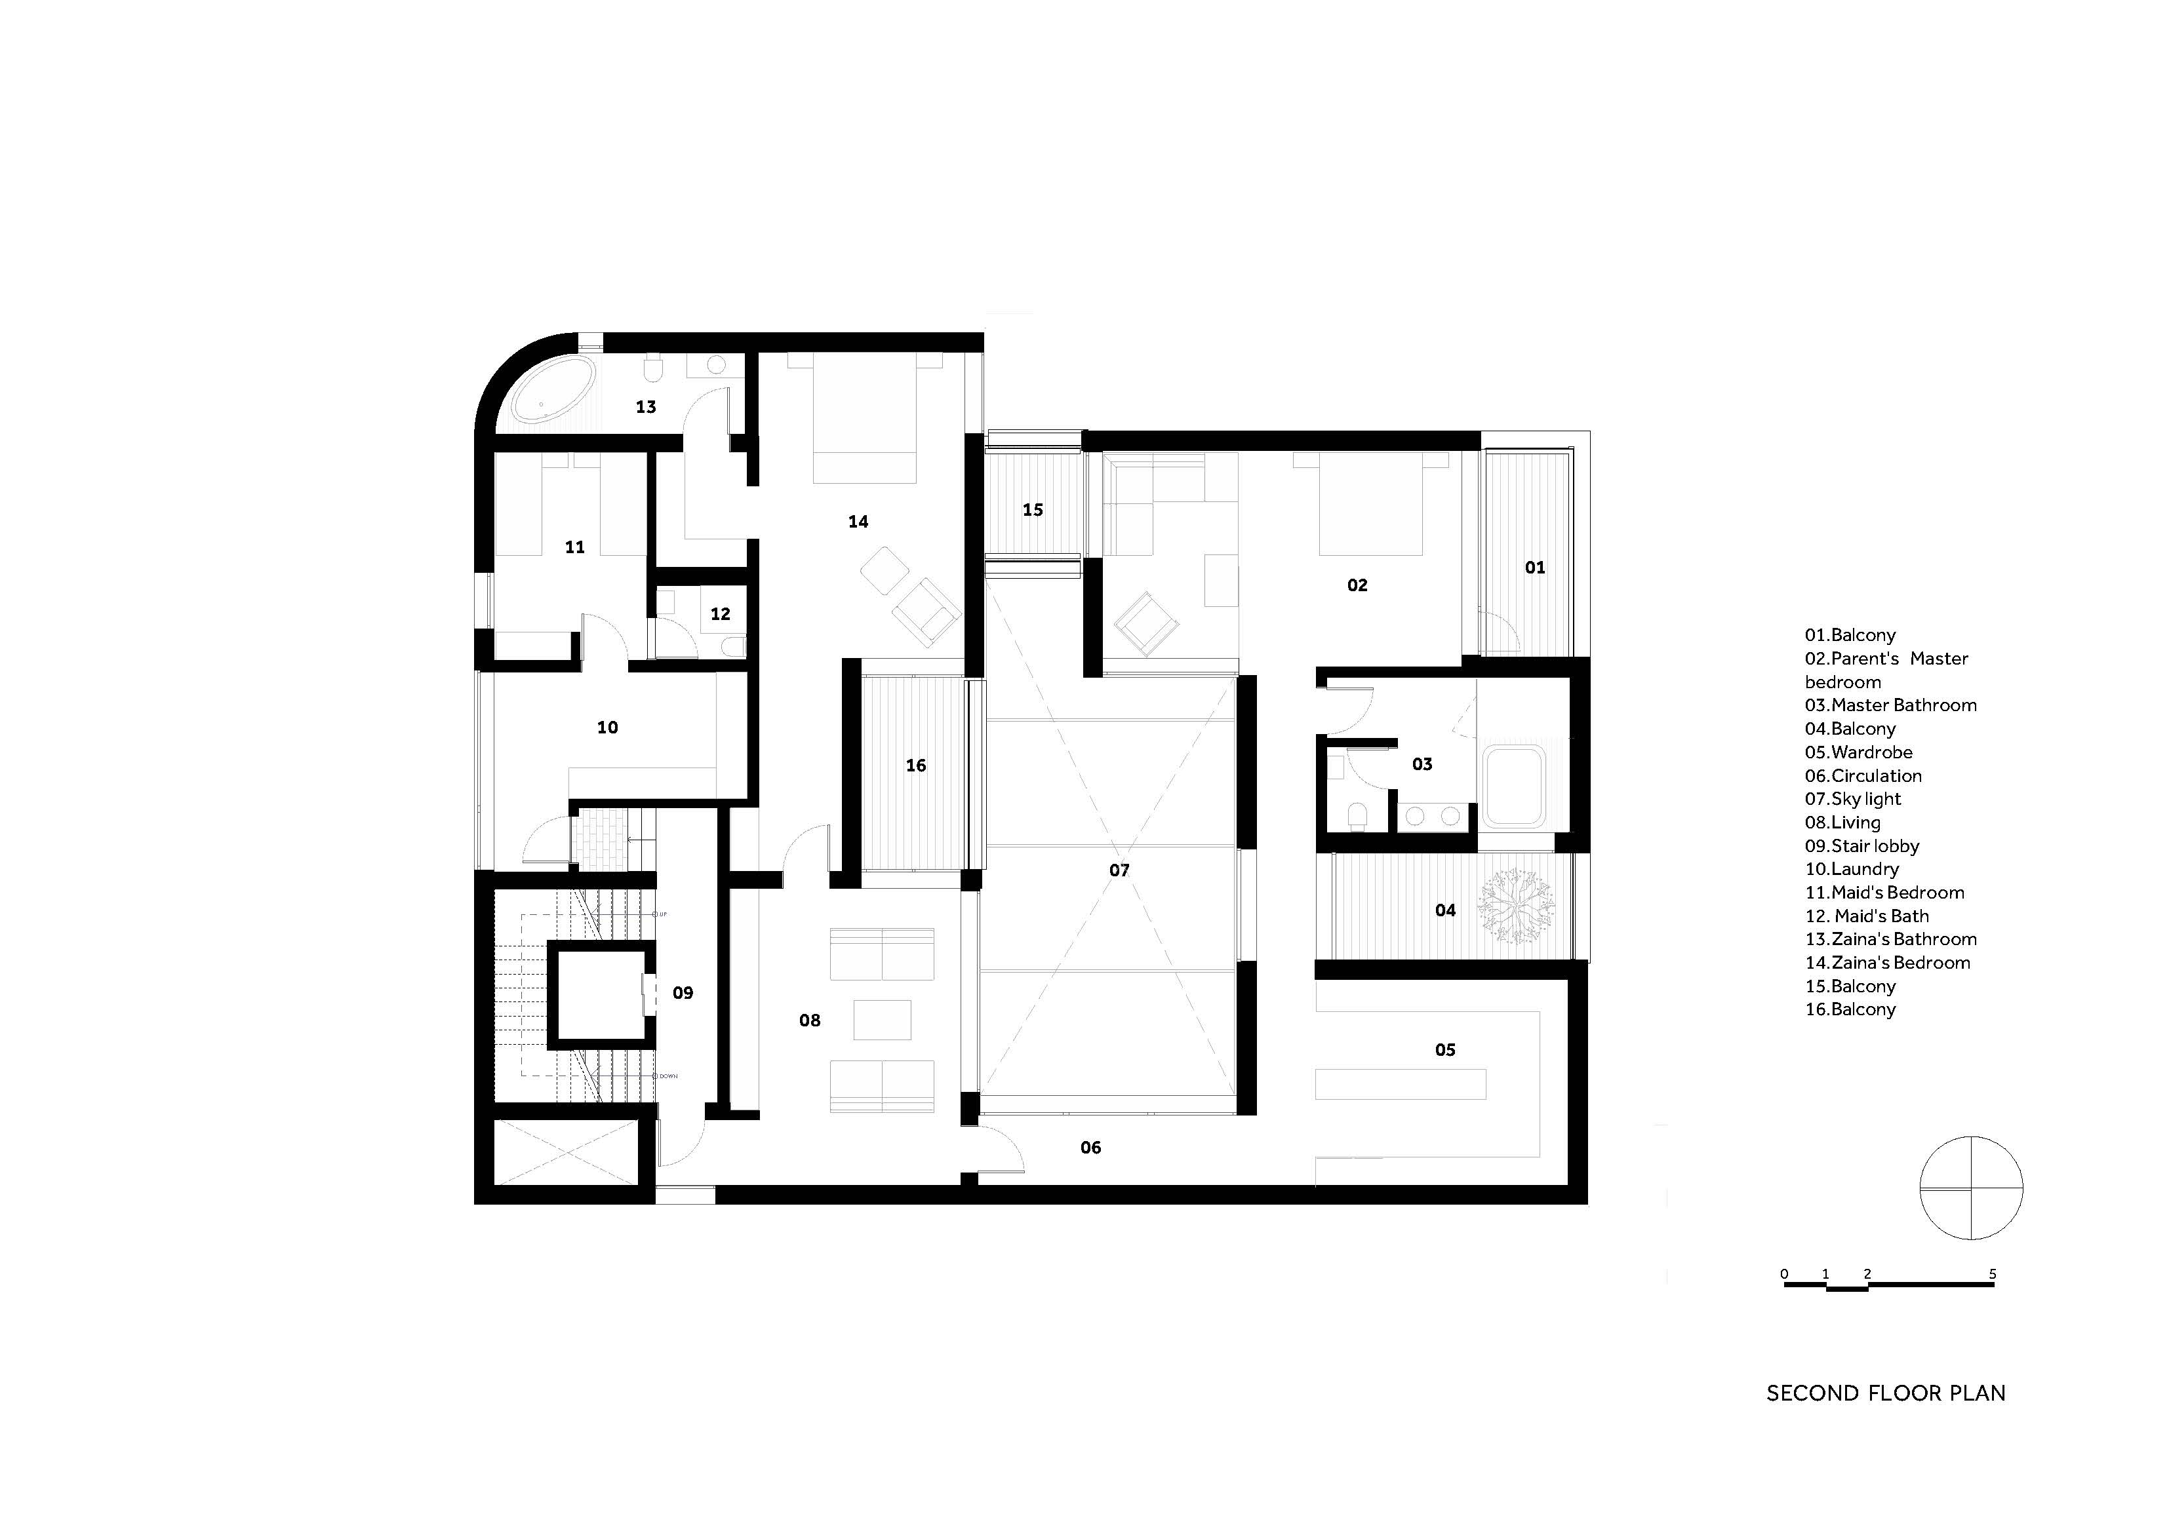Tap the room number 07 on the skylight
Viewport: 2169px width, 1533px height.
tap(1119, 870)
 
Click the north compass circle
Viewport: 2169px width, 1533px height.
tap(1970, 1188)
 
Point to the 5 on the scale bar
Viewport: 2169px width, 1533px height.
tap(1993, 1273)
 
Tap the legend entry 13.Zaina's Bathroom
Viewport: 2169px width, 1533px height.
tap(1890, 939)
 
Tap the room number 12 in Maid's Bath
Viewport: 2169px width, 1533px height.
tap(720, 614)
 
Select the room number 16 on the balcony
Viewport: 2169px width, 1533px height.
tap(915, 765)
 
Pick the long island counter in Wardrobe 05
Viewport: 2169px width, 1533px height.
tap(1400, 1083)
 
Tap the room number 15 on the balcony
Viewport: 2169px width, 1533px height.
tap(1033, 510)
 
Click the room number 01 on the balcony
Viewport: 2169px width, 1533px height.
tap(1535, 568)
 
